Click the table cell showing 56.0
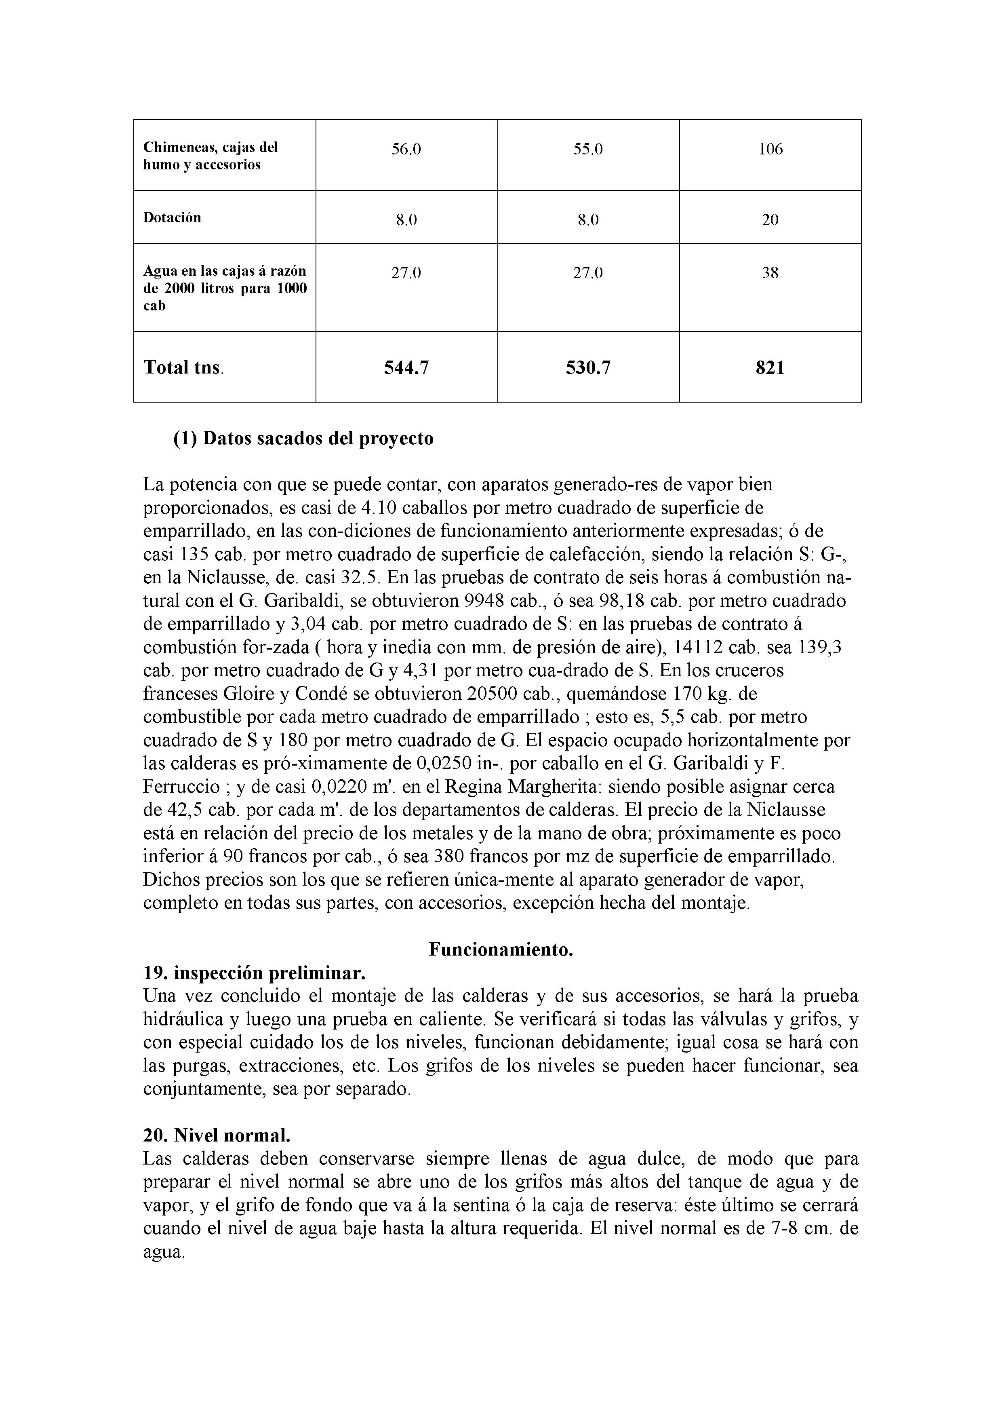(x=406, y=149)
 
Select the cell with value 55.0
(x=588, y=149)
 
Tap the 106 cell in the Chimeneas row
(x=770, y=149)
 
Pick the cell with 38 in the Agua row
(x=770, y=273)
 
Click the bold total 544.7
(x=406, y=368)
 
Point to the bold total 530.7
(x=588, y=368)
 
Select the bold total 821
(x=770, y=368)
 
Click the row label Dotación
(x=172, y=217)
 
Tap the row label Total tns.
(x=183, y=368)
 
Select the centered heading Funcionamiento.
(x=501, y=950)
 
